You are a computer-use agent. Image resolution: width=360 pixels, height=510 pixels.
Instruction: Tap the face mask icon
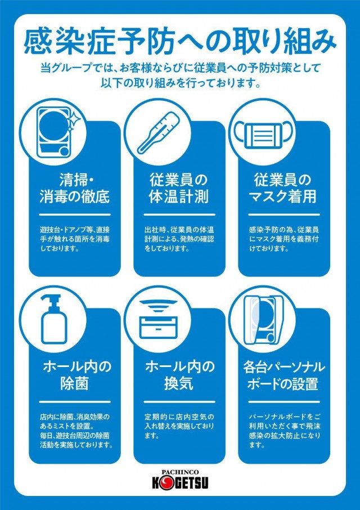pyautogui.click(x=263, y=133)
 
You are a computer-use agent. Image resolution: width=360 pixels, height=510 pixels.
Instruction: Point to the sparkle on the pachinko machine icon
pyautogui.click(x=74, y=119)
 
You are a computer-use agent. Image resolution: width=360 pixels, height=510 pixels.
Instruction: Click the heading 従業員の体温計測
pyautogui.click(x=179, y=189)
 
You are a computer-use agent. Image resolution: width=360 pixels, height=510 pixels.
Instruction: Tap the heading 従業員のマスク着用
pyautogui.click(x=283, y=189)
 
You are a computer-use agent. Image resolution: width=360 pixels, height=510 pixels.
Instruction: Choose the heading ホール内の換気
pyautogui.click(x=179, y=375)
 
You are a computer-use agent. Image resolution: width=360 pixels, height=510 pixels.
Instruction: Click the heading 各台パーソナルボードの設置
pyautogui.click(x=283, y=375)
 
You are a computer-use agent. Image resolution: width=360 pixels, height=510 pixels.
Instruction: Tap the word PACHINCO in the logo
pyautogui.click(x=180, y=472)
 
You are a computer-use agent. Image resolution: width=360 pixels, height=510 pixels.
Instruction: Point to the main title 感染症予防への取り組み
pyautogui.click(x=180, y=42)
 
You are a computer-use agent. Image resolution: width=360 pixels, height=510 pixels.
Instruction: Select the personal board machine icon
pyautogui.click(x=263, y=320)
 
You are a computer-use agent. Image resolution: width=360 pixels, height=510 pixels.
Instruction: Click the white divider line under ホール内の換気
pyautogui.click(x=179, y=402)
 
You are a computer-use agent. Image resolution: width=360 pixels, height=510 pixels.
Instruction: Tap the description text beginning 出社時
pyautogui.click(x=179, y=239)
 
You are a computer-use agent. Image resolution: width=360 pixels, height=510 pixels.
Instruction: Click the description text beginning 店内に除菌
pyautogui.click(x=76, y=430)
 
